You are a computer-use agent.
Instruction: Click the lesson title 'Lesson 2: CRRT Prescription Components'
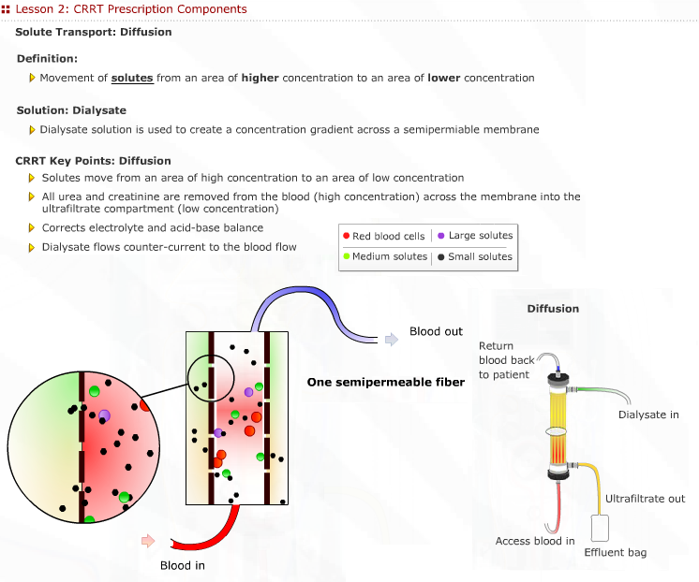(131, 9)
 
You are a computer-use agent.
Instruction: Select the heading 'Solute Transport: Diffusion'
(94, 32)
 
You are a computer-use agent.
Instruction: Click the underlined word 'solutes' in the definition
(132, 78)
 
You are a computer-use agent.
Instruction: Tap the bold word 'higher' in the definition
(260, 78)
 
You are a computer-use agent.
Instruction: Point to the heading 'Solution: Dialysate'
(71, 110)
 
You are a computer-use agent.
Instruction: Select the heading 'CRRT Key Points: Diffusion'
(94, 160)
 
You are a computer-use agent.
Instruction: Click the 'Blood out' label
(436, 332)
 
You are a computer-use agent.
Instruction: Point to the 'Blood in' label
(182, 565)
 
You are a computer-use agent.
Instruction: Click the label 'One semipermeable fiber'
(386, 382)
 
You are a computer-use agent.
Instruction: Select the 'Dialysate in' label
(648, 415)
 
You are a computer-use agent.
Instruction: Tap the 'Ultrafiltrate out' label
(645, 499)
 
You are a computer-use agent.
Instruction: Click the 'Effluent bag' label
(615, 553)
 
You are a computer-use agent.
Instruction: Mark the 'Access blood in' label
(535, 541)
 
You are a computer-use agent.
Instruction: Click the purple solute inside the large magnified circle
(105, 415)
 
